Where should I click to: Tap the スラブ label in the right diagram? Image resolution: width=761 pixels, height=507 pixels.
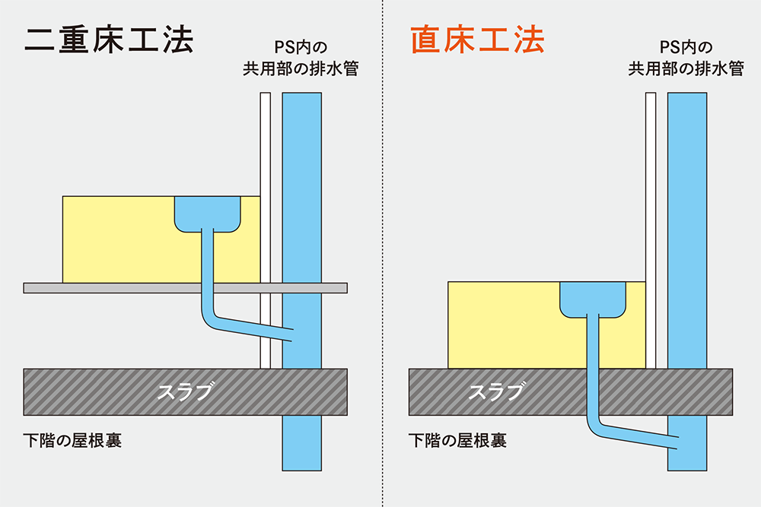tap(495, 391)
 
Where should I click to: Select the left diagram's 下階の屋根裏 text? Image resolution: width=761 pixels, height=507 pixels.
tap(73, 441)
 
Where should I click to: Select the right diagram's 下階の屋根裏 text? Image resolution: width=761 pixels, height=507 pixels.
tap(458, 441)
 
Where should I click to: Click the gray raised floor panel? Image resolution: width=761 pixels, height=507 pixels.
tap(114, 287)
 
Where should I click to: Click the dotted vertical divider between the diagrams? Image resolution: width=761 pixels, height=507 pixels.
tap(381, 253)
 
